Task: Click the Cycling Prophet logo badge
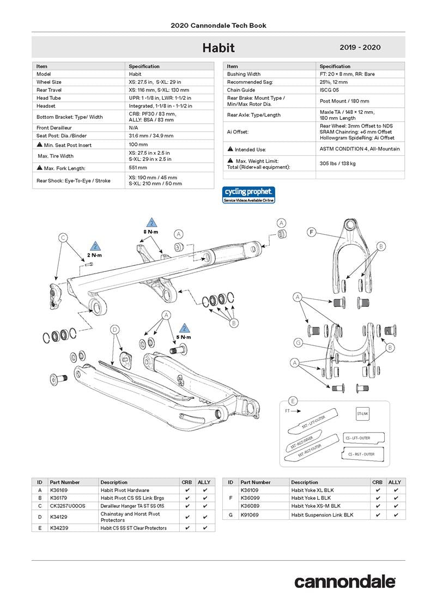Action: [x=248, y=195]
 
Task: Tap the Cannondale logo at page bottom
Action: [x=345, y=581]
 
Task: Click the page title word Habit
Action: [x=218, y=47]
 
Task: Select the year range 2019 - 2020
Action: [x=360, y=47]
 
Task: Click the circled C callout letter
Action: [x=63, y=238]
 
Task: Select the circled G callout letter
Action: [x=298, y=343]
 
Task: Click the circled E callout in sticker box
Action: [x=293, y=402]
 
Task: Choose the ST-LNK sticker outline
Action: [x=363, y=414]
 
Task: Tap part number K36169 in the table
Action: [x=58, y=490]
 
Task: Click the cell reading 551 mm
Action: [x=138, y=168]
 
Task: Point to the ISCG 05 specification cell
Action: [x=330, y=90]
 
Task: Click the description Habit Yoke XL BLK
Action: [x=311, y=490]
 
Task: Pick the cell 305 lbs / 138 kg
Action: [x=337, y=163]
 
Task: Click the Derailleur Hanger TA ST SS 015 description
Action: [x=132, y=506]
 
